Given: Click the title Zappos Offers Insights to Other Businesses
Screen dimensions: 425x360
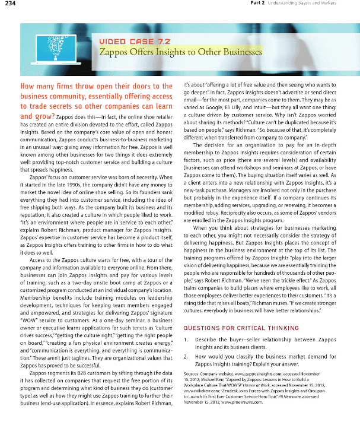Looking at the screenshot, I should click(180, 52).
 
